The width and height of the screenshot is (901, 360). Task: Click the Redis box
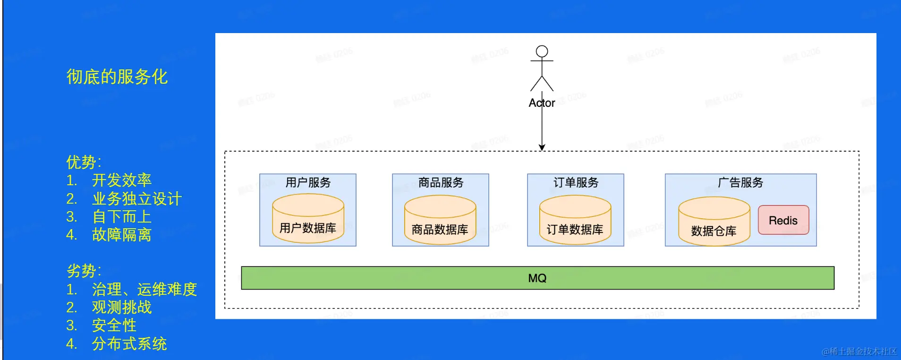783,220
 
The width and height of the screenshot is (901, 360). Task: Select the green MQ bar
537,278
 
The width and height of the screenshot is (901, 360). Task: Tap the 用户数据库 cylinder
308,219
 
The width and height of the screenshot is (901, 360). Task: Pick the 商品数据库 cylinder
440,221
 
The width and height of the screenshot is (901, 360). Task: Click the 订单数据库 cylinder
575,221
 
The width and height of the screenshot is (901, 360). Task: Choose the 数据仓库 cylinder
714,222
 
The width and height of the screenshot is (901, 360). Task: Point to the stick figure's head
542,51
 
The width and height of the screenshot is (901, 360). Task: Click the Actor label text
542,103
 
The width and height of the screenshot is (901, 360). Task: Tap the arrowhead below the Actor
542,147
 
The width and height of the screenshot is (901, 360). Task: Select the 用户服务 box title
308,182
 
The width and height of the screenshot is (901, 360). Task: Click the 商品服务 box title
441,182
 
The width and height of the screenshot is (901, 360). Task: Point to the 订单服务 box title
576,182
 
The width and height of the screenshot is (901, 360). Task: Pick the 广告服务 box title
740,182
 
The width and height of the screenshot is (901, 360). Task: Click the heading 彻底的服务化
117,77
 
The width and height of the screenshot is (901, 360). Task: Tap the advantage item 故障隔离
122,235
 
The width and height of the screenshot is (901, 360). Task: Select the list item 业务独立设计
137,199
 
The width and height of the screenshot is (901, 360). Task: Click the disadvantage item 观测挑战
122,308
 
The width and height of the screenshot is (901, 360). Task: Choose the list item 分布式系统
129,344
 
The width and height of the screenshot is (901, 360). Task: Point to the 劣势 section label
84,271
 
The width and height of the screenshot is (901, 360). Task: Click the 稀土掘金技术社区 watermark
859,351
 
